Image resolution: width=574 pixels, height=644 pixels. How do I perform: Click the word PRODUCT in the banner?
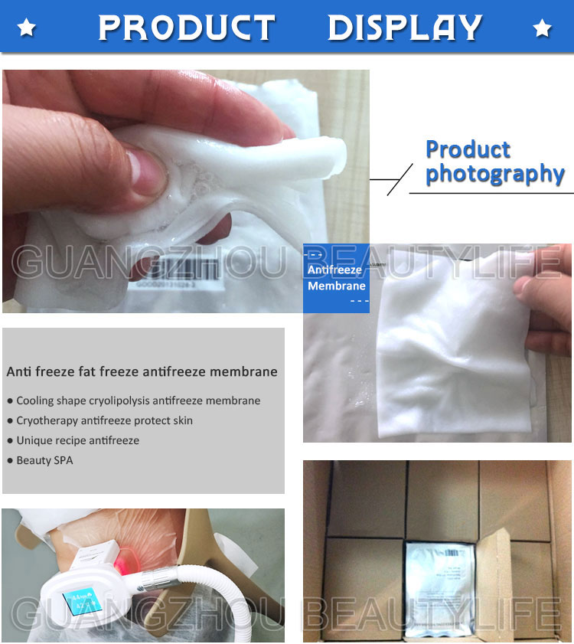(186, 28)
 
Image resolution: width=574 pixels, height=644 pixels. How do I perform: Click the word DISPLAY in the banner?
(405, 28)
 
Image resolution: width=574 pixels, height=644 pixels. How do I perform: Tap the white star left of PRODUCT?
(28, 29)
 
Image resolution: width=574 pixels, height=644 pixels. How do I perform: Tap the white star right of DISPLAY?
(542, 29)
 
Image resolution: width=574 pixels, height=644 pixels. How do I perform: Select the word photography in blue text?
(494, 174)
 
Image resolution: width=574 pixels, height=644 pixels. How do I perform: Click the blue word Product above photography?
(468, 149)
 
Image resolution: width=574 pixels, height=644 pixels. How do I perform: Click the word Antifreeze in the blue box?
(335, 270)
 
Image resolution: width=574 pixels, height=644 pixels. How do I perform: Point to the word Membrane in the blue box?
(337, 286)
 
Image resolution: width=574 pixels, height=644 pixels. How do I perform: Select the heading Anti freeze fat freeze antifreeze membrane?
(142, 372)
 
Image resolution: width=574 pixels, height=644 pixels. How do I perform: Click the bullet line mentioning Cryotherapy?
(104, 420)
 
